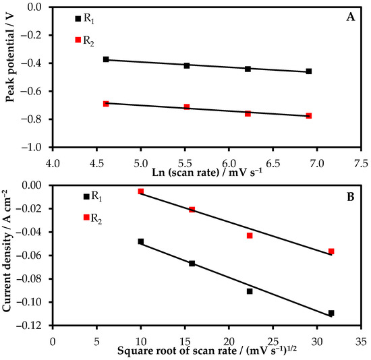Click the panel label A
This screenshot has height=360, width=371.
click(351, 18)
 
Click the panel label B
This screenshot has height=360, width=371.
click(351, 198)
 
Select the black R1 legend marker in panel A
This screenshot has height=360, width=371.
click(78, 19)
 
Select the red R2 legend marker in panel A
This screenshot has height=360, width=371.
click(78, 40)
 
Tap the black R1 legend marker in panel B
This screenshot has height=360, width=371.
click(86, 196)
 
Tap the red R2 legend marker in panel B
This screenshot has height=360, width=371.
click(86, 217)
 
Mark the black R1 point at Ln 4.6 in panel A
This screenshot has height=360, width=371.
click(106, 59)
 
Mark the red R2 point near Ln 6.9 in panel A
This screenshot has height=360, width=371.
click(308, 116)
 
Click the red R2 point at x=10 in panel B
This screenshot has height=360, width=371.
click(141, 191)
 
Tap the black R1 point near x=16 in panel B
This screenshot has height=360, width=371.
click(192, 264)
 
